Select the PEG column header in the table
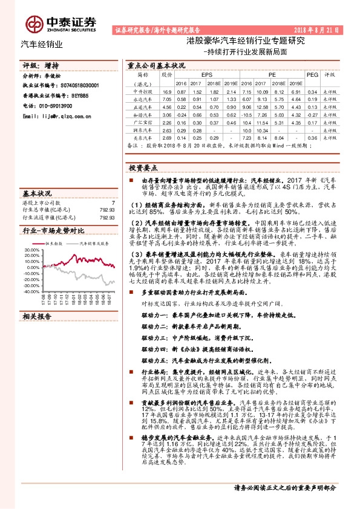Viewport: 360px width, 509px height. pos(312,74)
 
